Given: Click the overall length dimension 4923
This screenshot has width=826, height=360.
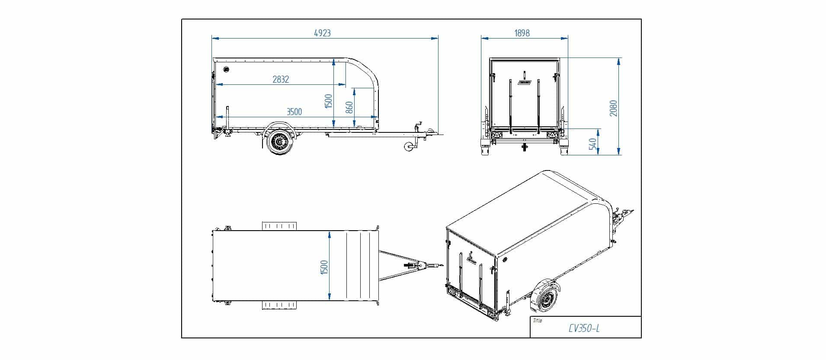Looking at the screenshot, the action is pos(322,33).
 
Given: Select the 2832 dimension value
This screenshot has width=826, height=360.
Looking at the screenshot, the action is pos(281,79).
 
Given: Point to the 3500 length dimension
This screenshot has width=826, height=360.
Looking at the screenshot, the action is pos(294,112).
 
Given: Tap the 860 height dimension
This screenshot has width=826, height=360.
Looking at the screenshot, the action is pos(349,107).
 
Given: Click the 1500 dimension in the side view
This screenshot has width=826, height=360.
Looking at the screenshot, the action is pos(328,101).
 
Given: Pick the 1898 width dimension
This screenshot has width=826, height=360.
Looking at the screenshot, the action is pos(522,33).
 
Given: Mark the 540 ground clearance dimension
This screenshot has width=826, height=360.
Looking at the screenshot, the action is pos(593,144).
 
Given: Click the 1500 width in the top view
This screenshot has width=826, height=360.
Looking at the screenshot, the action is pos(324,267).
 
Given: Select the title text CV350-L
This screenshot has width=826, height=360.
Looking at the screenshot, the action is pos(584,328).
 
